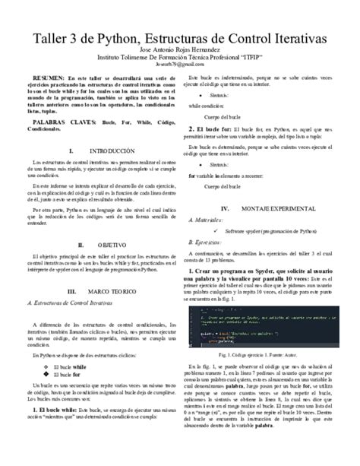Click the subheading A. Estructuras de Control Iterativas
(x=74, y=303)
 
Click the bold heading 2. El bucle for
(x=212, y=131)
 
